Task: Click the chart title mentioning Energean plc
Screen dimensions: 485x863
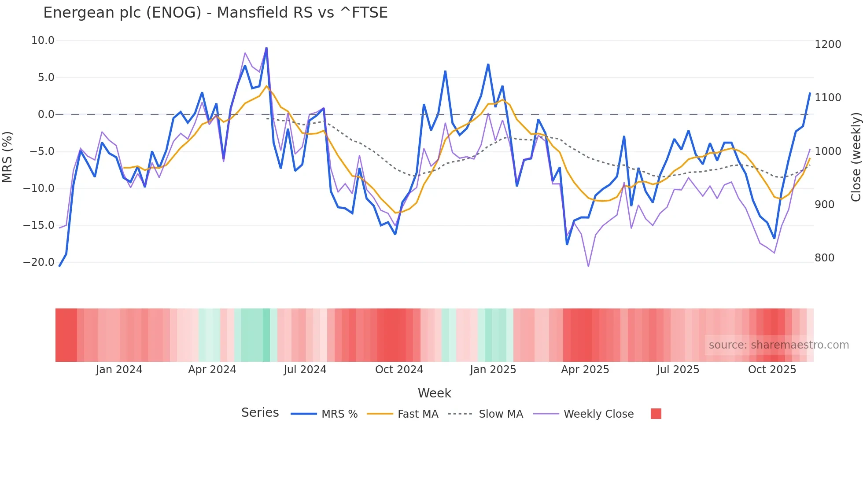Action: pyautogui.click(x=215, y=12)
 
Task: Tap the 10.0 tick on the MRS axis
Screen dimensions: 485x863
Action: pyautogui.click(x=43, y=40)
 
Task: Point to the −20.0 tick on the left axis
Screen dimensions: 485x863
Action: pyautogui.click(x=39, y=262)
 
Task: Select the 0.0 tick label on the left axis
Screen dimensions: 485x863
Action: pyautogui.click(x=46, y=114)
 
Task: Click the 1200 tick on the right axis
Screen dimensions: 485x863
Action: pyautogui.click(x=828, y=44)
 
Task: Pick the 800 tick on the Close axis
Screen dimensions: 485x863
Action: pyautogui.click(x=824, y=258)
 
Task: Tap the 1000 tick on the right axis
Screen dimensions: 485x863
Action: pyautogui.click(x=828, y=151)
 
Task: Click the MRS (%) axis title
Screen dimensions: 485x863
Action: pyautogui.click(x=7, y=157)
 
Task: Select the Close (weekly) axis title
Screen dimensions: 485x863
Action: pyautogui.click(x=856, y=157)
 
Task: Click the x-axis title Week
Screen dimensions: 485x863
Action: pyautogui.click(x=434, y=393)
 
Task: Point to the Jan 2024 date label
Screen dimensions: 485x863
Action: pyautogui.click(x=119, y=370)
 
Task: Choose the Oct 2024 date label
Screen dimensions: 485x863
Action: pyautogui.click(x=399, y=370)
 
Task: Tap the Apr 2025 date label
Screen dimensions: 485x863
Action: pyautogui.click(x=585, y=370)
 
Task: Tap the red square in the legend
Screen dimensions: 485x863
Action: pyautogui.click(x=656, y=414)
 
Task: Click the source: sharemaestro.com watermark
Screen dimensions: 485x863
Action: pyautogui.click(x=778, y=345)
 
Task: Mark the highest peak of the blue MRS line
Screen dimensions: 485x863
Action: pyautogui.click(x=266, y=48)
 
